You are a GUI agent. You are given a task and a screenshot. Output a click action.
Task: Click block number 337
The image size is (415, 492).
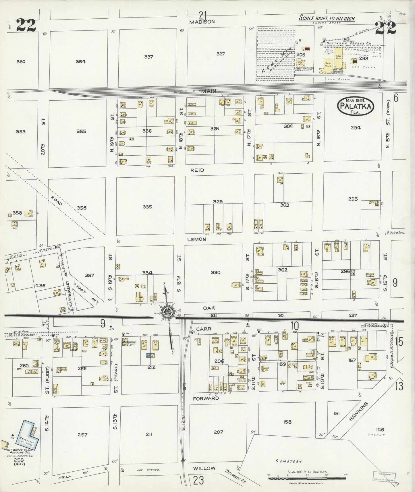[148, 57]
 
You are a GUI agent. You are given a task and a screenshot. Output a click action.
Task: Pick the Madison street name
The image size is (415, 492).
[202, 22]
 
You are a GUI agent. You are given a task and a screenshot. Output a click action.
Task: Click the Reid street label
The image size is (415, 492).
[197, 170]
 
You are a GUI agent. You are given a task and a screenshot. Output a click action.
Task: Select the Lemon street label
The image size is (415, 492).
[197, 239]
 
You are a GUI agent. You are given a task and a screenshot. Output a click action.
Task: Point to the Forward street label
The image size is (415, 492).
[206, 398]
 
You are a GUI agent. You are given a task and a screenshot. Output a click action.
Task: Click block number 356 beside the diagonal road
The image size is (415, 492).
[82, 208]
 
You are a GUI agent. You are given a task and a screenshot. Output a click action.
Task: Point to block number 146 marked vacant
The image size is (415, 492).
[379, 430]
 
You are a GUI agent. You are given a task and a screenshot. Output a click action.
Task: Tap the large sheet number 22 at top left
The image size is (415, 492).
[26, 25]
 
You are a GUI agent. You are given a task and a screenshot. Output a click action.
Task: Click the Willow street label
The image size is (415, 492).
[204, 468]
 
